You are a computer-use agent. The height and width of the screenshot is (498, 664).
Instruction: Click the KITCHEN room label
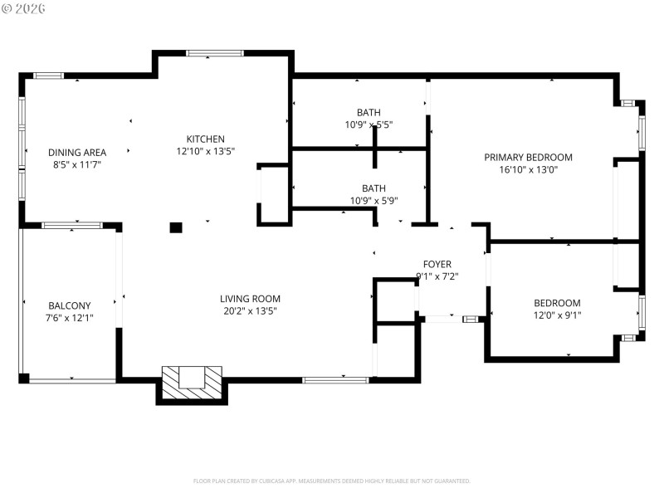[x=205, y=139]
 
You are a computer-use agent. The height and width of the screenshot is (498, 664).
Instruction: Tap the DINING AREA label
[x=76, y=152]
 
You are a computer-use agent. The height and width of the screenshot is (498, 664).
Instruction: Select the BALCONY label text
[x=69, y=305]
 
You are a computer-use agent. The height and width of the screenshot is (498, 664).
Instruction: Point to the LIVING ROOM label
[x=250, y=299]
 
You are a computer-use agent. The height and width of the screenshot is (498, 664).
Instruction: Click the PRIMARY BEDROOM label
[x=528, y=157]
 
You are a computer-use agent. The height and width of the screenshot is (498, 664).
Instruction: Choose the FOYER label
[x=437, y=264]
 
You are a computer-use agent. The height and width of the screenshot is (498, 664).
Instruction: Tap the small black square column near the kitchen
[x=175, y=227]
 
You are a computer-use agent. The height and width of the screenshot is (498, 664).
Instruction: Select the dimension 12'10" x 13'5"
[x=205, y=151]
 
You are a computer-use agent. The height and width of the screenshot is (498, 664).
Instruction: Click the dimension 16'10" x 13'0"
[x=528, y=169]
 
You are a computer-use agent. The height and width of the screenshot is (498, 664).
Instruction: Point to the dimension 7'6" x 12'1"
[x=69, y=317]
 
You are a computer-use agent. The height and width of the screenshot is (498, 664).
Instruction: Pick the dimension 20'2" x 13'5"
[x=250, y=311]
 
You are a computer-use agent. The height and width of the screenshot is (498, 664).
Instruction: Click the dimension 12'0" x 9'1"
[x=557, y=315]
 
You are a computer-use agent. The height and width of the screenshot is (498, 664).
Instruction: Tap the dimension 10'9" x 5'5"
[x=369, y=124]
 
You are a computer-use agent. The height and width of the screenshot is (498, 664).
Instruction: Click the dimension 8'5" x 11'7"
[x=76, y=164]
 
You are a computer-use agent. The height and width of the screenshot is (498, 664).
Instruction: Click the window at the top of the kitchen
[x=214, y=53]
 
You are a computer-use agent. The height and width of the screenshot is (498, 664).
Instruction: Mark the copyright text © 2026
[x=24, y=8]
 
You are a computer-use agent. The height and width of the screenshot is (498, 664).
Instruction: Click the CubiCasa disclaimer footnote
[x=332, y=481]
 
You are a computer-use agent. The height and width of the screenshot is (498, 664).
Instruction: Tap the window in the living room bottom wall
[x=335, y=380]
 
